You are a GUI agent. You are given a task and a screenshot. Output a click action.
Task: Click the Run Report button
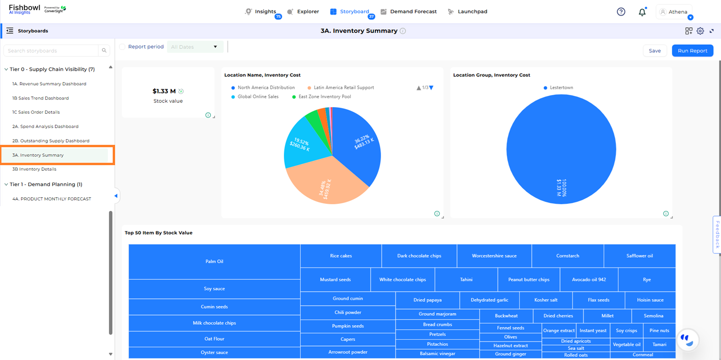click(692, 50)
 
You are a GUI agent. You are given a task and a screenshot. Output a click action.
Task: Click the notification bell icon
click(642, 12)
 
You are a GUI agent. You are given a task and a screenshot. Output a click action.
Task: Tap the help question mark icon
click(621, 12)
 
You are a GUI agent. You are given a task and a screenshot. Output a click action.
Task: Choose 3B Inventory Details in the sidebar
click(34, 169)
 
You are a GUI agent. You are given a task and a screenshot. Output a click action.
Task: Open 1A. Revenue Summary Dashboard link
click(49, 84)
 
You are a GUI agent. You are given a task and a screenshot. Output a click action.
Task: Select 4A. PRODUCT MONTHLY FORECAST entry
click(51, 199)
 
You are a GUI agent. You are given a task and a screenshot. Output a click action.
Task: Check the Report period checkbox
click(123, 47)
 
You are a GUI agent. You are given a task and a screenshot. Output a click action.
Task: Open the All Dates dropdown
click(195, 47)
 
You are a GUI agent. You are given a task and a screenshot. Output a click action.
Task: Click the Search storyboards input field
click(51, 50)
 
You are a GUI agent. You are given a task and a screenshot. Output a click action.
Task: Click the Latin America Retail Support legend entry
click(344, 88)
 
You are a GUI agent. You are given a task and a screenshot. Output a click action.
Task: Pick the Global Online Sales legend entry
click(258, 97)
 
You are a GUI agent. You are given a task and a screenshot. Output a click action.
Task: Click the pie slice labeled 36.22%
click(358, 146)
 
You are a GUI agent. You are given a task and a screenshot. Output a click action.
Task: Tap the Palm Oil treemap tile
click(214, 261)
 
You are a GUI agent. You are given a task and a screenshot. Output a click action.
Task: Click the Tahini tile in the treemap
click(466, 280)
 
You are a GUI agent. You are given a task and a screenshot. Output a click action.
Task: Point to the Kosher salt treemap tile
click(546, 300)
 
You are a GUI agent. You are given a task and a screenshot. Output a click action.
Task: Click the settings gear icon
click(700, 31)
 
